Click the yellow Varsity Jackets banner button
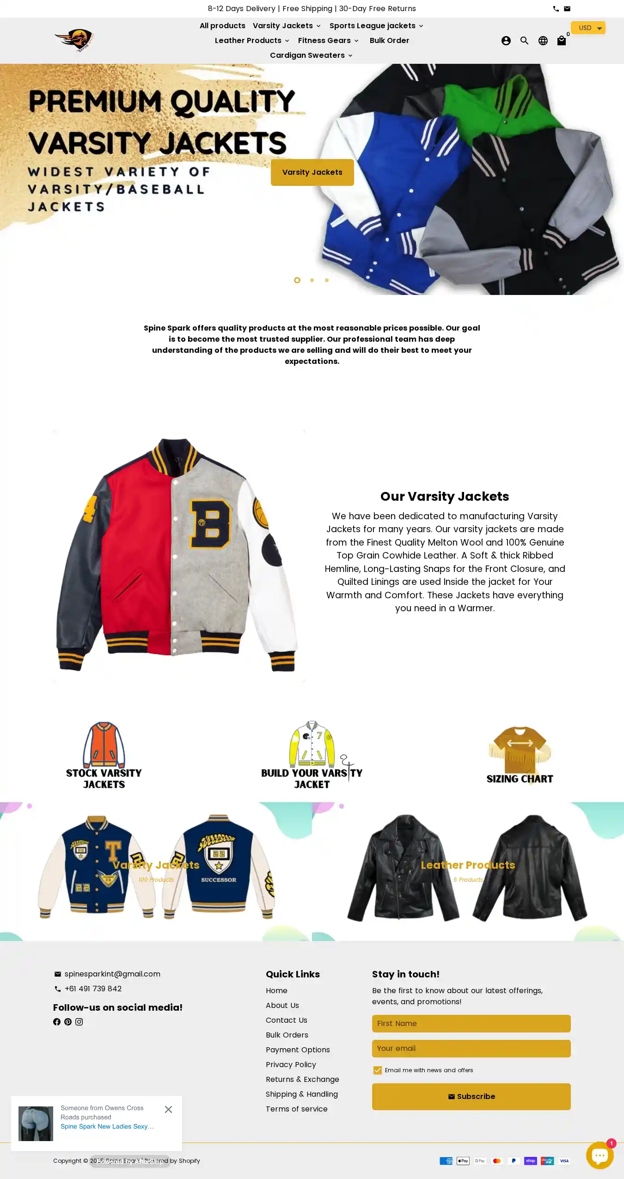(312, 172)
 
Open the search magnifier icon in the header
(524, 41)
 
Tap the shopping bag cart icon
(561, 41)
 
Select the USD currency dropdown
(587, 28)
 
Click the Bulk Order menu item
(389, 41)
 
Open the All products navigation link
(222, 26)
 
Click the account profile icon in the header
(506, 41)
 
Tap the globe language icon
(543, 41)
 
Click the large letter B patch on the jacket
(211, 524)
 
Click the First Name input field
(471, 1023)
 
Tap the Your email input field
(471, 1048)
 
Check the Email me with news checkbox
(378, 1070)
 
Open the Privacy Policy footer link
(291, 1064)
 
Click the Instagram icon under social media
(79, 1022)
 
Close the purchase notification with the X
(168, 1109)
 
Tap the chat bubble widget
(600, 1155)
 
